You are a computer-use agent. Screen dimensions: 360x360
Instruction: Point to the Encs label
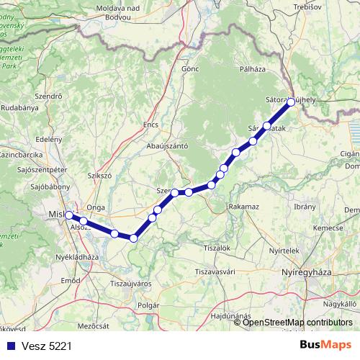(150, 124)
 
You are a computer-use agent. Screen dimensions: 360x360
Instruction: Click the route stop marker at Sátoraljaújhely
(291, 102)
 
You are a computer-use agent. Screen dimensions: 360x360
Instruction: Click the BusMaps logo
(325, 345)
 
